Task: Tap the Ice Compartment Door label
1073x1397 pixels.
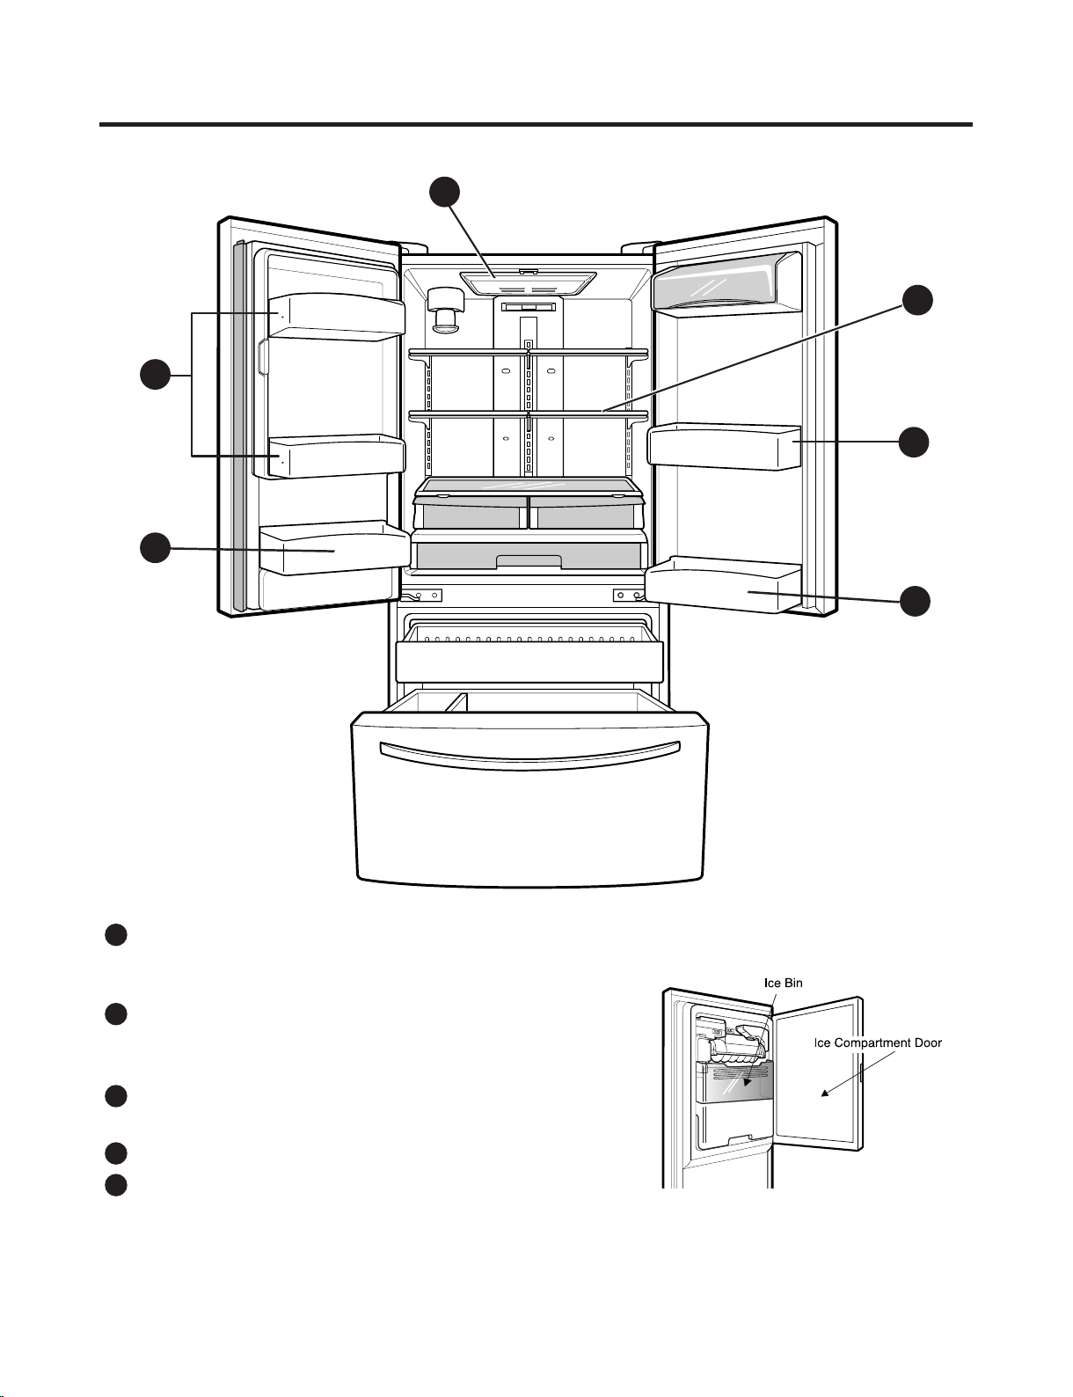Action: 878,1042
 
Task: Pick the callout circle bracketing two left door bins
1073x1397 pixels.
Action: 156,375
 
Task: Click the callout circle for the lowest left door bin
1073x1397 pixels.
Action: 156,548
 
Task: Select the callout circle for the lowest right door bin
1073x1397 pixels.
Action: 915,601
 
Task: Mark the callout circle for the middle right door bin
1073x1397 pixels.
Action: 914,442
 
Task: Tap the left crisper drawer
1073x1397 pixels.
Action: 471,512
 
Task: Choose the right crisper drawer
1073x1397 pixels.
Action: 586,512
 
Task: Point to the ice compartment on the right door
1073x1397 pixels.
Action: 726,283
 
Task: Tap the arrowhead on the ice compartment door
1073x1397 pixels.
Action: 825,1093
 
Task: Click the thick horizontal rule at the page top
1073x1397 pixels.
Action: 536,124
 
